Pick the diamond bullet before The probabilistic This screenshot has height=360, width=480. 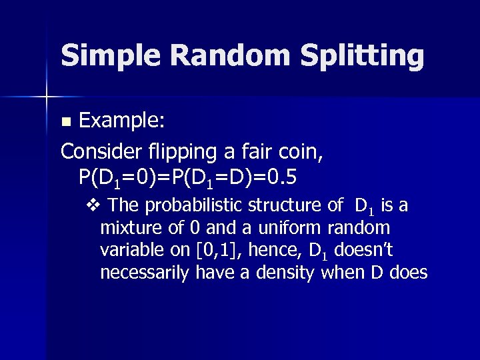(92, 205)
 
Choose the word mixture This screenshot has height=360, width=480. (129, 227)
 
